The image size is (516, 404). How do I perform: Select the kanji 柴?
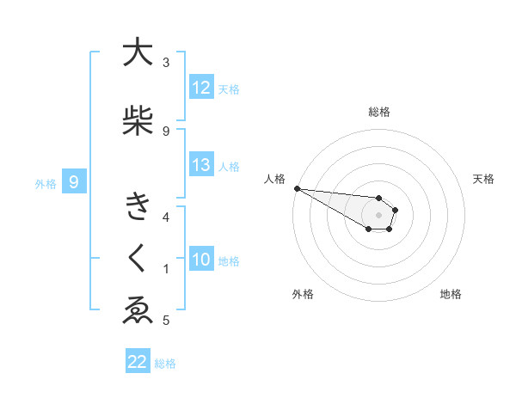click(138, 121)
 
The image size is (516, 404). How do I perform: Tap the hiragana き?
click(138, 207)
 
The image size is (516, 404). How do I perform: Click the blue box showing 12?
click(201, 89)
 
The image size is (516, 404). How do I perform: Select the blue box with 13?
click(201, 166)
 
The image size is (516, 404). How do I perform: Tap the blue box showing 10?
click(201, 260)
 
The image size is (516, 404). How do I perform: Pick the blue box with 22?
click(138, 362)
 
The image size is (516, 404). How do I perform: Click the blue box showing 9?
click(75, 182)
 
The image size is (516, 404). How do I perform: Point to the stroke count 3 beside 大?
click(166, 63)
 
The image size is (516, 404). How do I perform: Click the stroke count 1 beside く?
click(166, 269)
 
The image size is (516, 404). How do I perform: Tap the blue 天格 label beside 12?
click(229, 89)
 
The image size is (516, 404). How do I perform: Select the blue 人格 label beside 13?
click(229, 167)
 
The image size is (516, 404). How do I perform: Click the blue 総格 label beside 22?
click(165, 364)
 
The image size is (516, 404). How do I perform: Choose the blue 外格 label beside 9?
click(45, 183)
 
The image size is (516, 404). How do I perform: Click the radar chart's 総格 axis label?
click(378, 112)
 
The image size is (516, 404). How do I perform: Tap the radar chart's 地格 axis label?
click(451, 294)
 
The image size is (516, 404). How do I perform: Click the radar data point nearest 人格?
click(297, 188)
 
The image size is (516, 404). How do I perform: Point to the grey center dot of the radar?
click(378, 214)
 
